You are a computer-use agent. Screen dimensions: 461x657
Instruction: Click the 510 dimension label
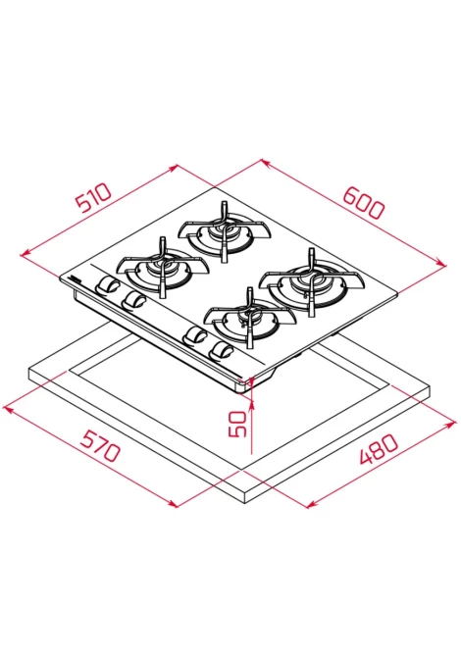[93, 197]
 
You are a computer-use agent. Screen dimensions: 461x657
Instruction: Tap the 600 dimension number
[363, 203]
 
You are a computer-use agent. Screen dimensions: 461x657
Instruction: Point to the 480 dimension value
[379, 448]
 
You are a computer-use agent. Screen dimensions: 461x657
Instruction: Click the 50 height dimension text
[237, 424]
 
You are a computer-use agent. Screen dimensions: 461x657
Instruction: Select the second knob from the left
[133, 300]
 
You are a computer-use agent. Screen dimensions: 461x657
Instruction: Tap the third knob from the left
[195, 335]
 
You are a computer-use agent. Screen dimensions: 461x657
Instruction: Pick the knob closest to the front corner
[222, 350]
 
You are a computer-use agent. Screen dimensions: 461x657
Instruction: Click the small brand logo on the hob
[79, 278]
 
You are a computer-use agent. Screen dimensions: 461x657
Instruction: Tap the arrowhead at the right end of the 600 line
[442, 263]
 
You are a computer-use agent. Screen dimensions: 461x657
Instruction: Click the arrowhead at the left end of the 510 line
[26, 253]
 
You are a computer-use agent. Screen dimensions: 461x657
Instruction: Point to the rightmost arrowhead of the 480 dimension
[451, 424]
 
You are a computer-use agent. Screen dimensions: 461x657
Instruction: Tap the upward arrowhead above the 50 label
[251, 403]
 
